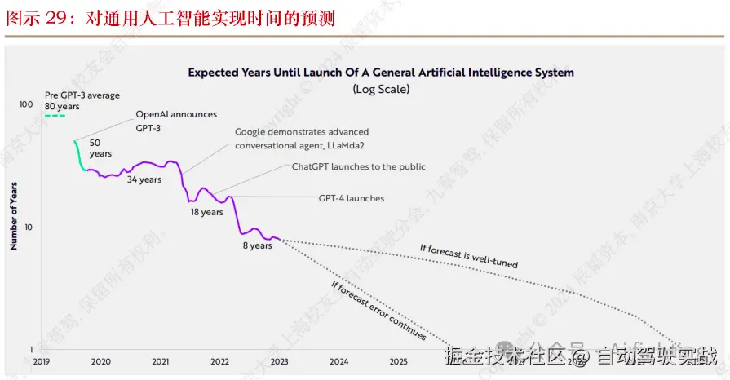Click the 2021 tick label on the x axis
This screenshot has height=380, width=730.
point(161,361)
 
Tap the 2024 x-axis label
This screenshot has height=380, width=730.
point(339,361)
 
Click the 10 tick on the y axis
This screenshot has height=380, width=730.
point(29,227)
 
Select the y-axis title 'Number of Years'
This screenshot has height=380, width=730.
point(14,216)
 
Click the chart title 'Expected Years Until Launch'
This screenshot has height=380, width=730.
point(381,73)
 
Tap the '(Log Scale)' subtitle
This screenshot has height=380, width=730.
point(381,89)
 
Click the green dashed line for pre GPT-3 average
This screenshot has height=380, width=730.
point(55,116)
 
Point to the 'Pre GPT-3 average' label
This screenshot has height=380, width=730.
point(82,95)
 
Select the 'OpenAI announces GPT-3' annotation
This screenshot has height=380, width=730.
point(176,122)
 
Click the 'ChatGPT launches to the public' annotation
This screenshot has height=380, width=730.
point(359,166)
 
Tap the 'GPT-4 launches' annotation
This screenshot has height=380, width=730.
point(351,198)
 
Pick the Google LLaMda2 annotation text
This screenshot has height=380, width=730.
point(302,139)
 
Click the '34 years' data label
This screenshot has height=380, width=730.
point(144,180)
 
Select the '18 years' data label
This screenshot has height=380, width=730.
point(206,213)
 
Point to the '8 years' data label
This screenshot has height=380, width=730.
point(257,245)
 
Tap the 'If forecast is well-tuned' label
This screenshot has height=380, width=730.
point(468,256)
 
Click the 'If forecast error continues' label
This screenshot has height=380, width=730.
point(378,311)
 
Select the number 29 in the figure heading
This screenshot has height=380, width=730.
point(55,18)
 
